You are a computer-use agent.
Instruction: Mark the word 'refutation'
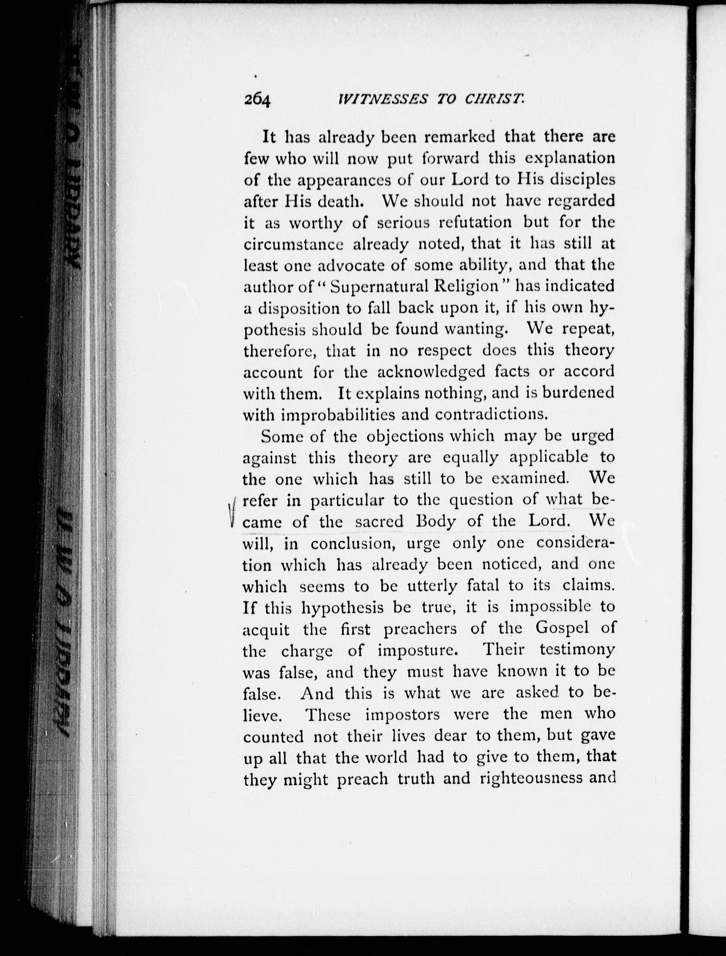tap(475, 222)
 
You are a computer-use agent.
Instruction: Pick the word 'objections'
tap(405, 436)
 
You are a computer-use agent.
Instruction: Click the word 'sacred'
tap(379, 522)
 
